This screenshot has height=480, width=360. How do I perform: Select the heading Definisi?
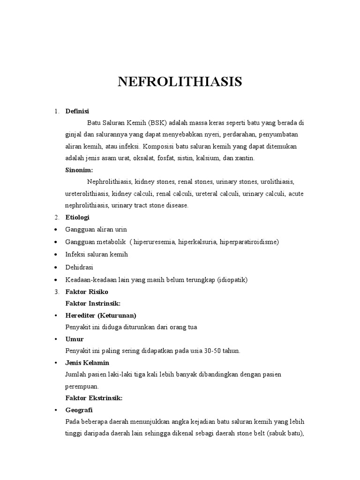77,111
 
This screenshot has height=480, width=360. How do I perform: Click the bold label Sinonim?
79,170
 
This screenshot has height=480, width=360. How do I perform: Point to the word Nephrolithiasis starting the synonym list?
109,181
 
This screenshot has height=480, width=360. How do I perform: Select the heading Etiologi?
77,217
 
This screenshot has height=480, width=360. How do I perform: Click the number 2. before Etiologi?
56,217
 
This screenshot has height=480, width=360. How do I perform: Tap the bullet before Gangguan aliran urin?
56,230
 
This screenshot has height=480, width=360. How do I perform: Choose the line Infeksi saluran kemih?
97,254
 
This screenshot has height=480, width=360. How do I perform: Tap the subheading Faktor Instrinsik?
93,303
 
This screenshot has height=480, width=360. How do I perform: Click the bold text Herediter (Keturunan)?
101,315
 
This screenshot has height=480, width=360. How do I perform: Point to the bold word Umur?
74,339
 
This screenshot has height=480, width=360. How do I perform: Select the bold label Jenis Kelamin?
87,363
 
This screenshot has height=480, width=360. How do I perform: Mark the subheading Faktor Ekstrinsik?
94,398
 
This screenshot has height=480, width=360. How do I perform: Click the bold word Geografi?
79,410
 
